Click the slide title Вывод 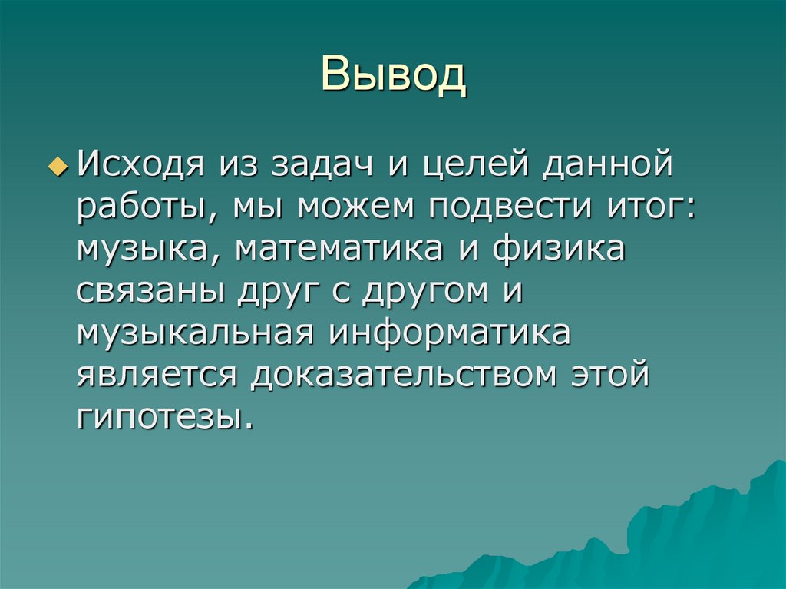393,75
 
